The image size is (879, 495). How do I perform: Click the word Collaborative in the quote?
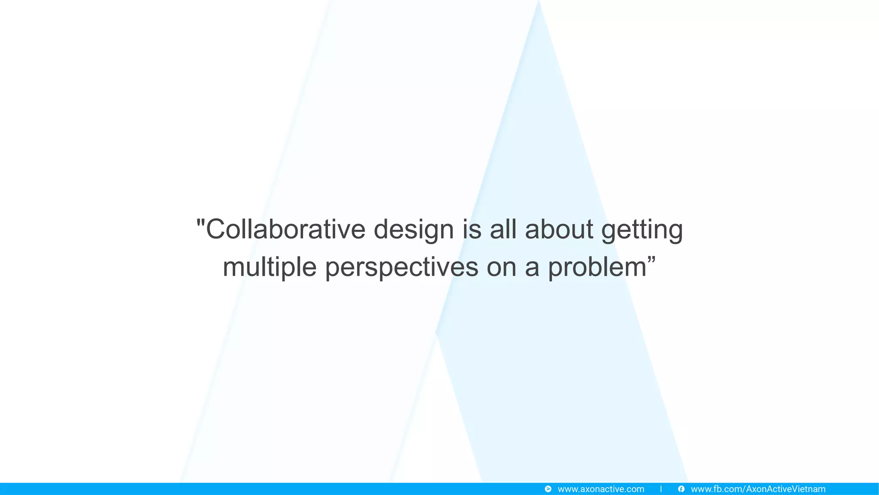pyautogui.click(x=285, y=229)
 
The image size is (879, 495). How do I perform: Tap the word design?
pyautogui.click(x=413, y=230)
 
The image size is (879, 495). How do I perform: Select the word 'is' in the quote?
pyautogui.click(x=472, y=229)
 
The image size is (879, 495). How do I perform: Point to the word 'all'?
pyautogui.click(x=503, y=229)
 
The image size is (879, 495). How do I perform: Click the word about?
pyautogui.click(x=559, y=229)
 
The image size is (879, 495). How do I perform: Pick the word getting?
pyautogui.click(x=642, y=230)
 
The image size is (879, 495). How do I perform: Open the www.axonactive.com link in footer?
pyautogui.click(x=600, y=489)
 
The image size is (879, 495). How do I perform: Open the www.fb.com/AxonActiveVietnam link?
pyautogui.click(x=758, y=489)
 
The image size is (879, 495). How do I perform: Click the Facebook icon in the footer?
pyautogui.click(x=681, y=489)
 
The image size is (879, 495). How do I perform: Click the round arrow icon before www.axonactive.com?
pyautogui.click(x=548, y=489)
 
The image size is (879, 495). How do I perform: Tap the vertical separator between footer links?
pyautogui.click(x=661, y=489)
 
